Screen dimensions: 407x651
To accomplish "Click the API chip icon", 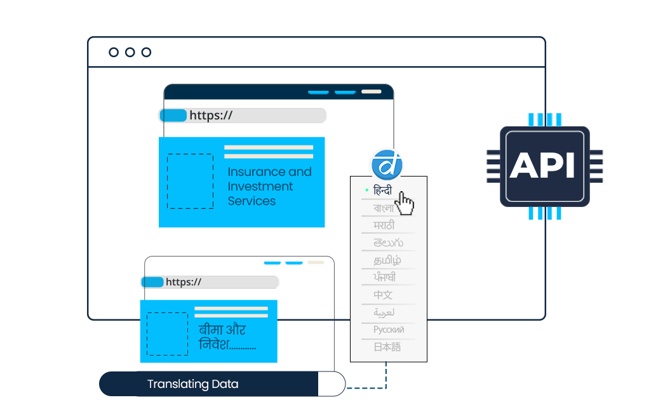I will (x=544, y=166).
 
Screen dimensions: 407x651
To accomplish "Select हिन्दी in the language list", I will (x=383, y=190).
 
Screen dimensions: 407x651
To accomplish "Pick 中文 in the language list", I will (x=383, y=295).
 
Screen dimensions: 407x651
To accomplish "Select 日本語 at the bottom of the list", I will (x=387, y=347).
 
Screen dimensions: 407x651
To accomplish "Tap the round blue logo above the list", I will (x=387, y=164).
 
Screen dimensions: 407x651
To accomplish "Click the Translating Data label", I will (x=193, y=384).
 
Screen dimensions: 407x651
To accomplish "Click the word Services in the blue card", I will (x=252, y=201).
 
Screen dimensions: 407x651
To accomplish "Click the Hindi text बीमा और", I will (x=222, y=330).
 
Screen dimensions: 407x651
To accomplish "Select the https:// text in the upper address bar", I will (x=211, y=116).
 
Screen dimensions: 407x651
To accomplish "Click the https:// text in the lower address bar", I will (x=184, y=282).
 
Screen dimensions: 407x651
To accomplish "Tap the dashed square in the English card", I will (x=190, y=181).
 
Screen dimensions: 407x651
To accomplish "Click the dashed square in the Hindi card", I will (x=167, y=333).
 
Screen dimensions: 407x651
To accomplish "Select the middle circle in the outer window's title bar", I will (x=130, y=52).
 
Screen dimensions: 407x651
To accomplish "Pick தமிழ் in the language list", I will (x=387, y=260).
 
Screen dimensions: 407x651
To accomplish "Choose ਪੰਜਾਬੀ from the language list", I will (x=385, y=277).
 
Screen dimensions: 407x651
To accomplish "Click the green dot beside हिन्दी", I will (x=367, y=190).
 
